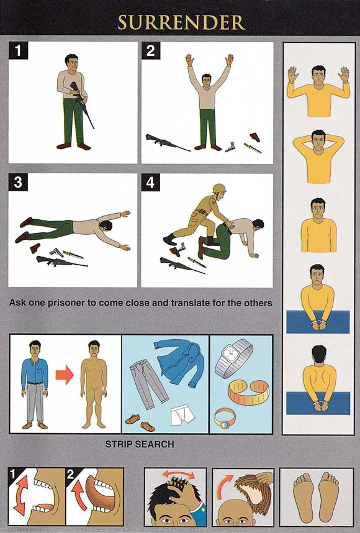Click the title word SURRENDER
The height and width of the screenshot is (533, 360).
coord(181,22)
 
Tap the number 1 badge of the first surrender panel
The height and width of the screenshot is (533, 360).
coord(17,51)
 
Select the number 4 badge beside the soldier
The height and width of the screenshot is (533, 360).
coord(150,182)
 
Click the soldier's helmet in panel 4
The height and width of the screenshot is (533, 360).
coord(219,189)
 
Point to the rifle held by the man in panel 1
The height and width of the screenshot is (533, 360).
coord(81,103)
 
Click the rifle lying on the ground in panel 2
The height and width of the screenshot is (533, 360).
coord(168,142)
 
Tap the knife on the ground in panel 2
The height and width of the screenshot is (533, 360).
coord(253,148)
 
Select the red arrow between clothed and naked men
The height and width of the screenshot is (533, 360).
coord(65,375)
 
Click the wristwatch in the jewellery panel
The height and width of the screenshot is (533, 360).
coord(233,358)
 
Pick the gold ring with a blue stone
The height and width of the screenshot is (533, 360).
coord(224,418)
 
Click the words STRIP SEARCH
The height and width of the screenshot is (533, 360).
coord(140,444)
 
